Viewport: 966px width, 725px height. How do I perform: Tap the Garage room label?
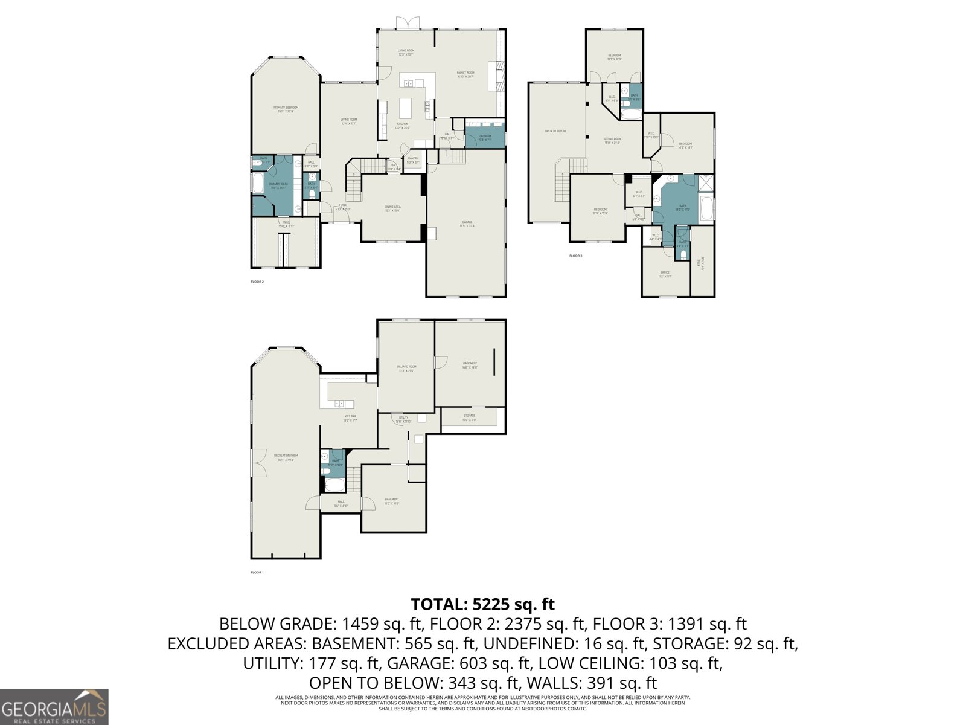[467, 223]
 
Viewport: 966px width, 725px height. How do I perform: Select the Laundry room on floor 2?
[485, 137]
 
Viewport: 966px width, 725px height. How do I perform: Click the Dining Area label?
[392, 208]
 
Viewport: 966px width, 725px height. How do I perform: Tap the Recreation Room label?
[286, 457]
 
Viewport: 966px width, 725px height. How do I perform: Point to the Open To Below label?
[555, 131]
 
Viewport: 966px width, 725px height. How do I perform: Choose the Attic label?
[701, 263]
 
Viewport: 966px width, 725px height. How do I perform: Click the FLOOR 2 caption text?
[257, 282]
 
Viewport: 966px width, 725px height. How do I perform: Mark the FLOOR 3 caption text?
[575, 256]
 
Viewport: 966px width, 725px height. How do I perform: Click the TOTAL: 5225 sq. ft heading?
[482, 604]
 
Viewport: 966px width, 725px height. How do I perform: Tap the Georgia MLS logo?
[54, 706]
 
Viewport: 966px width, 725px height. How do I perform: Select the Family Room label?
[465, 74]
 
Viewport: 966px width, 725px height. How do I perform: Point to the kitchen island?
[405, 109]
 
